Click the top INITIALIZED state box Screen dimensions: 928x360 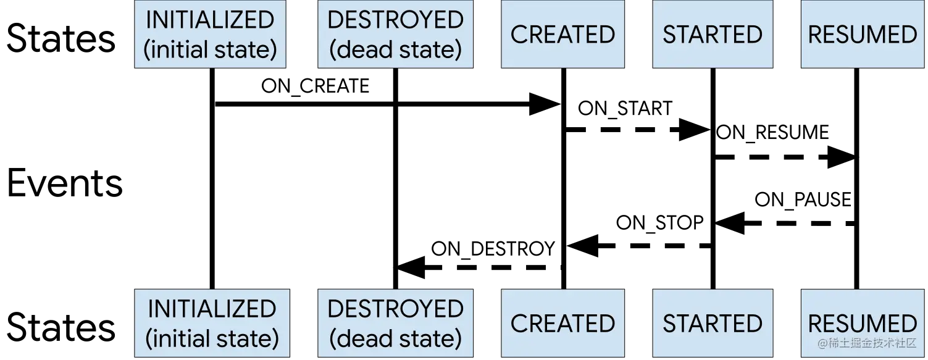pos(210,34)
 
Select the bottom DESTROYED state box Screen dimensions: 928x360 pos(395,323)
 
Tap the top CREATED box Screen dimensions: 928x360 pos(562,34)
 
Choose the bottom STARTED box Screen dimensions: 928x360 pos(713,323)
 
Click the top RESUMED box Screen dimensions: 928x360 pos(863,34)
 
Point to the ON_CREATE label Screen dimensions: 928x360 pos(316,86)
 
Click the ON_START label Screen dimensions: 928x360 pos(625,109)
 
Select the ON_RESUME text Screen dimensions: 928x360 pos(772,133)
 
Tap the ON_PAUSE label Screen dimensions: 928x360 pos(803,199)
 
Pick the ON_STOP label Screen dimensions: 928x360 pos(659,223)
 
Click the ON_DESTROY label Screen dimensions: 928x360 pos(493,249)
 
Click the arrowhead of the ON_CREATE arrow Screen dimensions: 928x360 pos(545,104)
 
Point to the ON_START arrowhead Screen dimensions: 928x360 pos(695,130)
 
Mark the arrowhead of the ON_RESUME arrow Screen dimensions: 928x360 pos(843,157)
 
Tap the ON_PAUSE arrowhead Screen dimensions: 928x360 pos(730,224)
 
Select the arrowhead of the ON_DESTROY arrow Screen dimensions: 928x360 pos(411,267)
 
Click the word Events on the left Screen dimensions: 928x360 pos(65,183)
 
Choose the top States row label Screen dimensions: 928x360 pos(61,38)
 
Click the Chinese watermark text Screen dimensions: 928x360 pos(867,343)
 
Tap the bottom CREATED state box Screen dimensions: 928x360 pos(562,323)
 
